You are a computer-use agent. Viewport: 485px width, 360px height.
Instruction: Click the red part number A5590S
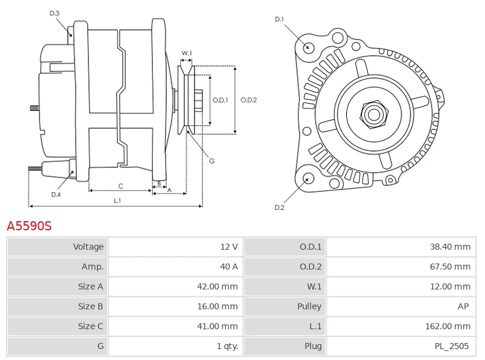tap(29, 226)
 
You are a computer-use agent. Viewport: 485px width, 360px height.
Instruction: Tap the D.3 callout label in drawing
tap(55, 13)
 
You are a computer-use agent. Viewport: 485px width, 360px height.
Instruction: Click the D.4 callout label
tap(56, 195)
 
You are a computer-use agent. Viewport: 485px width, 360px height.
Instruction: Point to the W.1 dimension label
tap(187, 53)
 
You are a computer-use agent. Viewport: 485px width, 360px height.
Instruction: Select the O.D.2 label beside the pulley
tap(249, 100)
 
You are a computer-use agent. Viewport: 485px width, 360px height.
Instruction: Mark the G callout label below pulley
tap(212, 161)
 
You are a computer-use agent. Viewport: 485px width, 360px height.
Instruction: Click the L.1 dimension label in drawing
tap(117, 200)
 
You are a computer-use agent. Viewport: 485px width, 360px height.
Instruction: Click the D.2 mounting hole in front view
tap(307, 178)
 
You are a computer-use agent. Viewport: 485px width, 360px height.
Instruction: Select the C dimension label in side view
tap(121, 185)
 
